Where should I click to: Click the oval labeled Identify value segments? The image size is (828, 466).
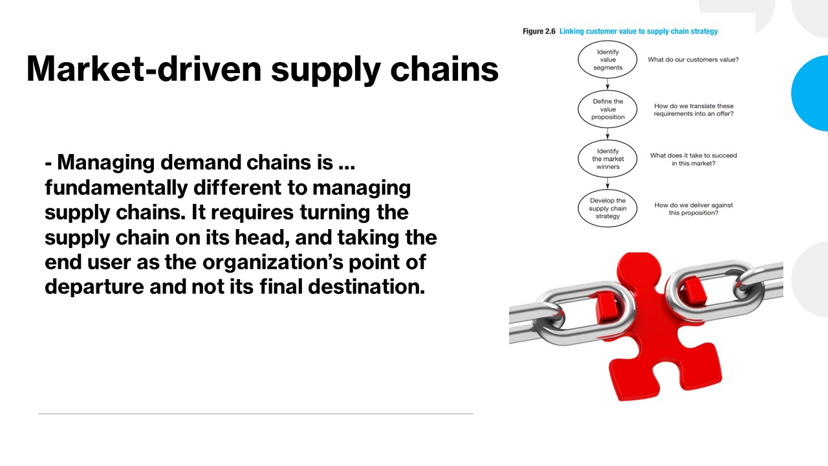[607, 60]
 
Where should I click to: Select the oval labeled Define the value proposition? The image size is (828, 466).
[607, 109]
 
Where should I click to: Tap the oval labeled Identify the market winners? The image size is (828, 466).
[607, 159]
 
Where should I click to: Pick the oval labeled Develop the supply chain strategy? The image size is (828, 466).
[607, 208]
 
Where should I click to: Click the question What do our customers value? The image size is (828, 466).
[693, 60]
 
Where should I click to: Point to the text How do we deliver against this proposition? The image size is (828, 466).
[693, 208]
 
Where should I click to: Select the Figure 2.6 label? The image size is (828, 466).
[539, 31]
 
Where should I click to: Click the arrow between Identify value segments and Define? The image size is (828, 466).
[607, 83]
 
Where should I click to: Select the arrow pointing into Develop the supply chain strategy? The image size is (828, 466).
[607, 184]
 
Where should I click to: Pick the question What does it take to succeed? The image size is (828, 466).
[693, 159]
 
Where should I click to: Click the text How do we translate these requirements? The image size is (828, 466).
[693, 109]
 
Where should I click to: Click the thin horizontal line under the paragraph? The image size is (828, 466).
[256, 414]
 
